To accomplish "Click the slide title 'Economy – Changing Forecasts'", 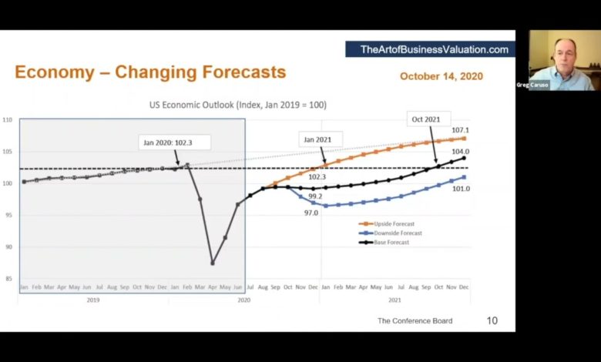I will (x=150, y=73).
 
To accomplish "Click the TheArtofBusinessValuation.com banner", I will (x=434, y=49).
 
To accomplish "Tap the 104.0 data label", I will (x=461, y=152).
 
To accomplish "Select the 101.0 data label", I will (x=461, y=189).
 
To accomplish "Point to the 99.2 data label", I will (x=315, y=197).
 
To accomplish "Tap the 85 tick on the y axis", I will (x=8, y=279).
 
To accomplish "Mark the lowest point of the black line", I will (x=212, y=263).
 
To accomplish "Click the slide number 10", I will (x=492, y=320).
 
